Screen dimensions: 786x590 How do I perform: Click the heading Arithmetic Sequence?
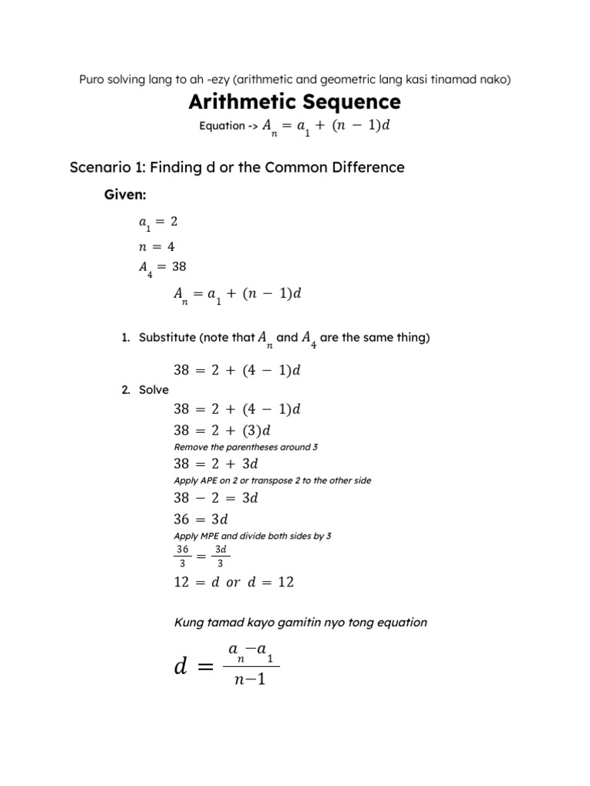click(x=295, y=101)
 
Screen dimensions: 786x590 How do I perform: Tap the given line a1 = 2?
click(x=157, y=223)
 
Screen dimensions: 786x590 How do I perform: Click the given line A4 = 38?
click(x=162, y=268)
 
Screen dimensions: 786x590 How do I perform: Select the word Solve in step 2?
click(x=154, y=390)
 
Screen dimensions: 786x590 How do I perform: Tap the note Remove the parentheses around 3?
click(x=242, y=447)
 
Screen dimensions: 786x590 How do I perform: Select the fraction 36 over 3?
click(x=182, y=556)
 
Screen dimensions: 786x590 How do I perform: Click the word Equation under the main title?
click(x=221, y=126)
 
